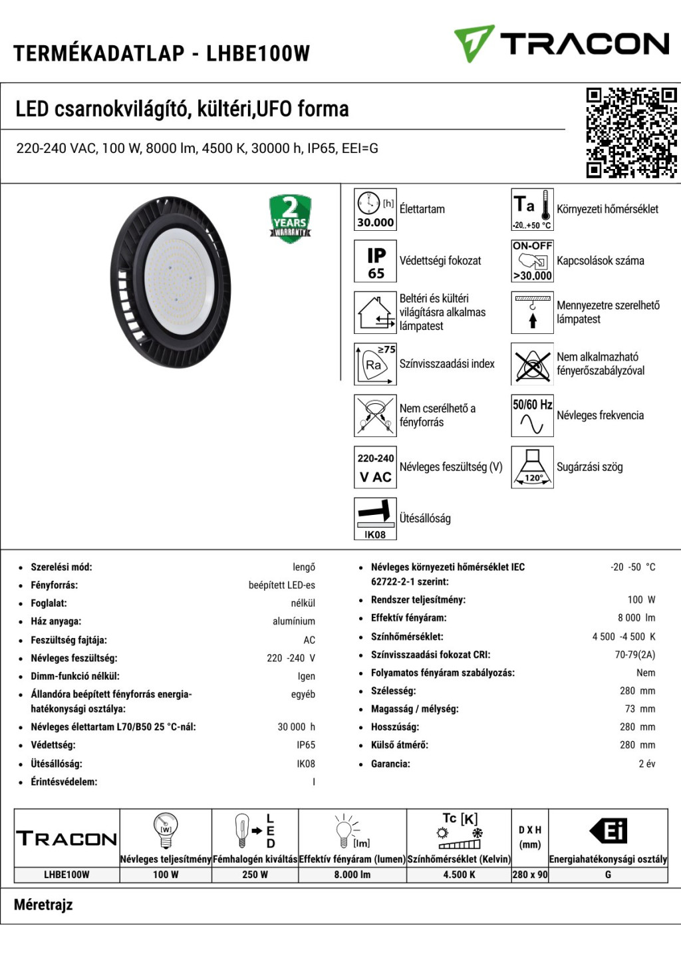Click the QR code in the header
pos(631,132)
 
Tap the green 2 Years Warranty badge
pos(290,218)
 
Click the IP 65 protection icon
pos(376,261)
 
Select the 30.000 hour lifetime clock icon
pos(376,210)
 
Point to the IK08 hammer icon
pos(376,519)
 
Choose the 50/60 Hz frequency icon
pos(532,416)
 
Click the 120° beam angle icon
pos(532,468)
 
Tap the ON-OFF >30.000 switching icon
pos(532,261)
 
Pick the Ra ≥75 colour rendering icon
pos(376,364)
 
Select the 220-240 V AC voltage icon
pos(376,468)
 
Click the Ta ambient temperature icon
pos(532,210)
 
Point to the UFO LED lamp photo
pos(171,282)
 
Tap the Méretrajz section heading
pos(43,905)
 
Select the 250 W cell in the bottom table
pos(255,875)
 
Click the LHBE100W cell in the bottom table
pos(67,875)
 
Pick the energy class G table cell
pos(608,875)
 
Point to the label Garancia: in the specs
pos(390,764)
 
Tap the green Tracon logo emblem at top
pos(474,43)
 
